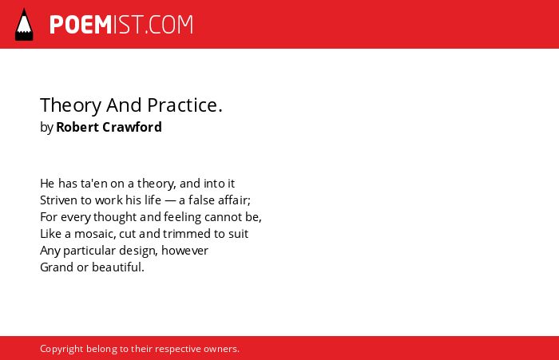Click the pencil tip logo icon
click(24, 24)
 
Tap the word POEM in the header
click(81, 25)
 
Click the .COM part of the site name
click(168, 25)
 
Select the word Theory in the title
click(70, 105)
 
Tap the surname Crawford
click(132, 127)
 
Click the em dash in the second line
click(170, 200)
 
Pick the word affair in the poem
click(233, 200)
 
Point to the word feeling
click(183, 217)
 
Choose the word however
click(184, 251)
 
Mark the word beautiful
click(117, 267)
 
